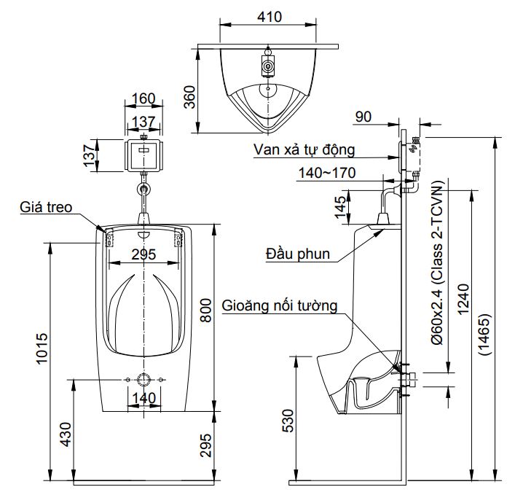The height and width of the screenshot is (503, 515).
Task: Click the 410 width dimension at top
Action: pos(267,16)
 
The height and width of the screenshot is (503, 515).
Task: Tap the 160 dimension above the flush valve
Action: pos(144,98)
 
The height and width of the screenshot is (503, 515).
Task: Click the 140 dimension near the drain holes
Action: pos(144,398)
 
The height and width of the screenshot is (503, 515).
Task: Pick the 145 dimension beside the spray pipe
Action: pos(339,207)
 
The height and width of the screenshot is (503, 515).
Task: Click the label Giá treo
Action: pos(46,208)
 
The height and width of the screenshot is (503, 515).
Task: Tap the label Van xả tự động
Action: pos(304,150)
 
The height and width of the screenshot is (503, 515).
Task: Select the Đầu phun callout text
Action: pos(298,254)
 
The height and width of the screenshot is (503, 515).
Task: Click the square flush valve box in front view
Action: pos(144,155)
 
